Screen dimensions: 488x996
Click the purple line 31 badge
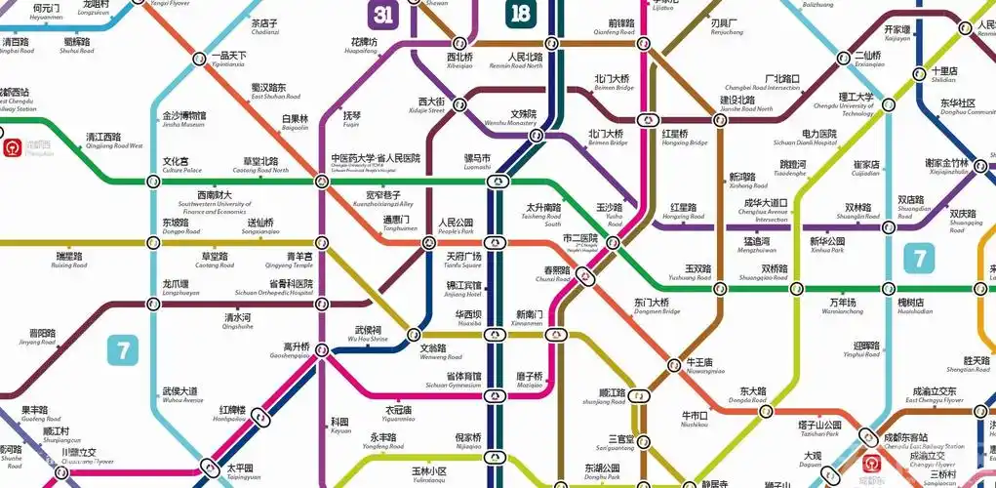click(x=381, y=14)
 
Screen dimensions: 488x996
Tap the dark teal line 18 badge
click(x=521, y=14)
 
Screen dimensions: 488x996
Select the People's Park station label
click(x=456, y=226)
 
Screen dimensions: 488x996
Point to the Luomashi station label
click(x=477, y=161)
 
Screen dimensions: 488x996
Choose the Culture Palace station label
click(x=176, y=165)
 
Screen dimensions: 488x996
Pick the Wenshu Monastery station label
click(x=510, y=118)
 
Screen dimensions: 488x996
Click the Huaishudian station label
click(x=915, y=306)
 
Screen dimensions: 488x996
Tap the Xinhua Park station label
click(x=827, y=245)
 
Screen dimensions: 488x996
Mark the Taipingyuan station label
click(x=244, y=473)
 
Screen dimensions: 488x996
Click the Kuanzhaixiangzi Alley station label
click(x=382, y=199)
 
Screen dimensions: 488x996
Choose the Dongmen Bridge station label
click(x=652, y=306)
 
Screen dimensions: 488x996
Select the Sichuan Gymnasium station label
click(x=463, y=381)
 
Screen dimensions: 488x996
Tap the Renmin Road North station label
click(x=524, y=61)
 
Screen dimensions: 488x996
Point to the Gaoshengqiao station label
click(x=296, y=351)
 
